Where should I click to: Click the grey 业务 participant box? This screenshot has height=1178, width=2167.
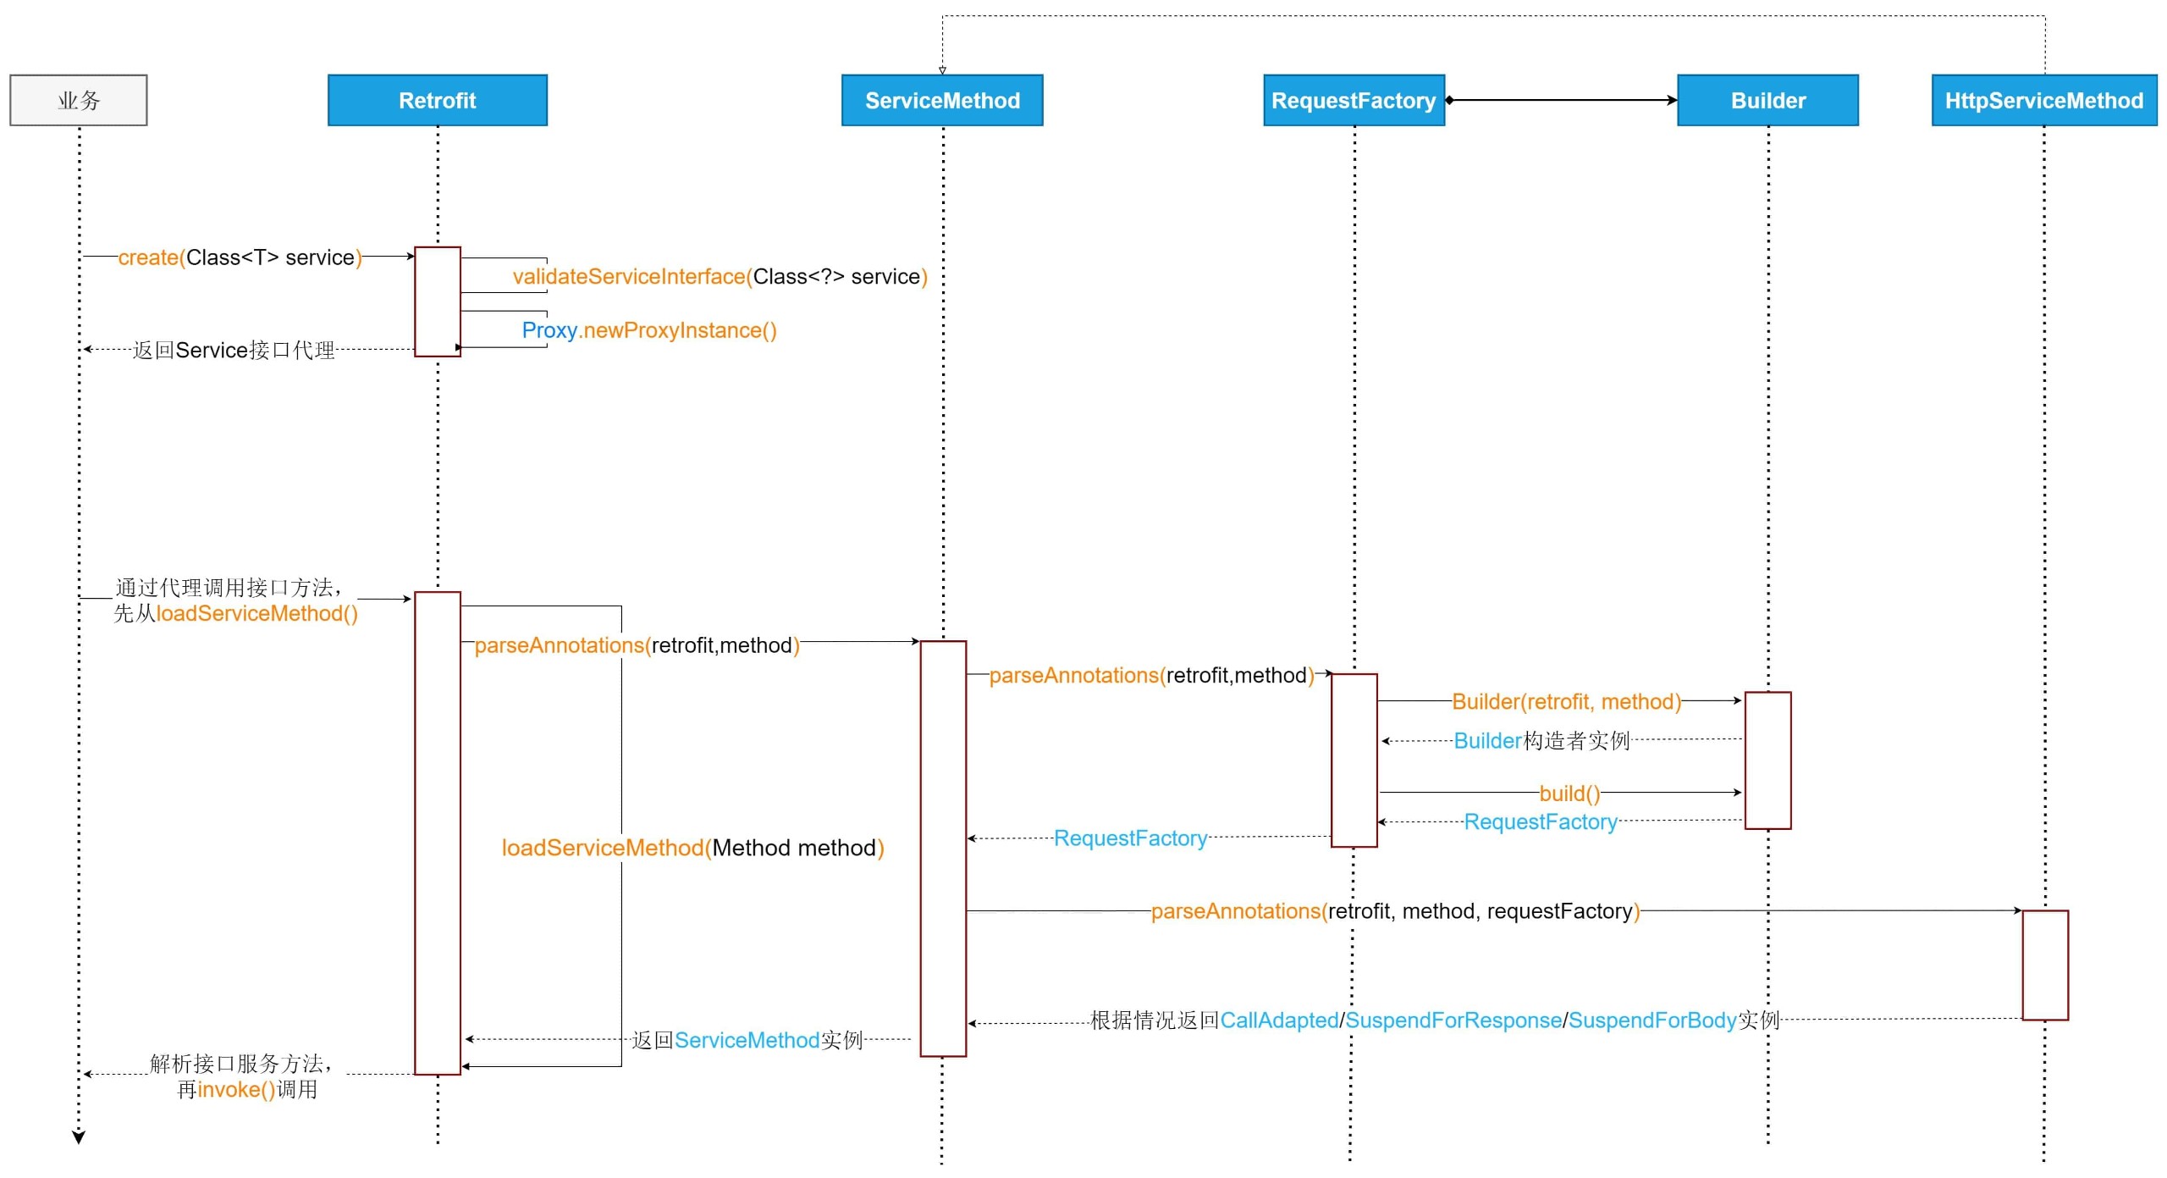tap(78, 100)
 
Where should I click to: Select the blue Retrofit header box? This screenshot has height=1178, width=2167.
tap(438, 100)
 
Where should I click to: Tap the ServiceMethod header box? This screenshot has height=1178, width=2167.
tap(942, 100)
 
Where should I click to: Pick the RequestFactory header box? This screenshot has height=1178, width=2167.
tap(1354, 100)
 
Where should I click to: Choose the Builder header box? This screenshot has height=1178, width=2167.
tap(1767, 100)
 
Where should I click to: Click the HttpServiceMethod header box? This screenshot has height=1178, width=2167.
tap(2044, 100)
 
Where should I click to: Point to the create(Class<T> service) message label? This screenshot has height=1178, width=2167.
tap(240, 257)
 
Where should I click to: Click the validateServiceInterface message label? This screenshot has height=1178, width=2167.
tap(720, 277)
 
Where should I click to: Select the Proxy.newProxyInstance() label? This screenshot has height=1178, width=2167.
tap(649, 330)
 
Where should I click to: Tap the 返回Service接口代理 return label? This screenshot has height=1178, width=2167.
tap(234, 350)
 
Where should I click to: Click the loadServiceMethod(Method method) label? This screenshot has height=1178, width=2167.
tap(692, 848)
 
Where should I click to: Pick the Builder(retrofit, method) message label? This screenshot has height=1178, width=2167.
tap(1567, 701)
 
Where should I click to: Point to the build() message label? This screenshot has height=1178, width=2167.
tap(1569, 794)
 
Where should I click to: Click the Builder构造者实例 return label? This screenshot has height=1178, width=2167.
tap(1541, 741)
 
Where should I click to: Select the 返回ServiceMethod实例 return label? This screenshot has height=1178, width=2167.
tap(747, 1040)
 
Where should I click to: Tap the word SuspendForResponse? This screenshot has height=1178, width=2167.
tap(1453, 1020)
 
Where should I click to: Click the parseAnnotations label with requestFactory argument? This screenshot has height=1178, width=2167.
tap(1395, 911)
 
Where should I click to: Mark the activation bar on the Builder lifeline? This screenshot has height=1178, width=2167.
tap(1767, 760)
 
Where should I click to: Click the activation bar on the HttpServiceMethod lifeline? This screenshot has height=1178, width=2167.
tap(2045, 965)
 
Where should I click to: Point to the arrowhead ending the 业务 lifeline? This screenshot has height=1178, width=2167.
tap(79, 1137)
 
